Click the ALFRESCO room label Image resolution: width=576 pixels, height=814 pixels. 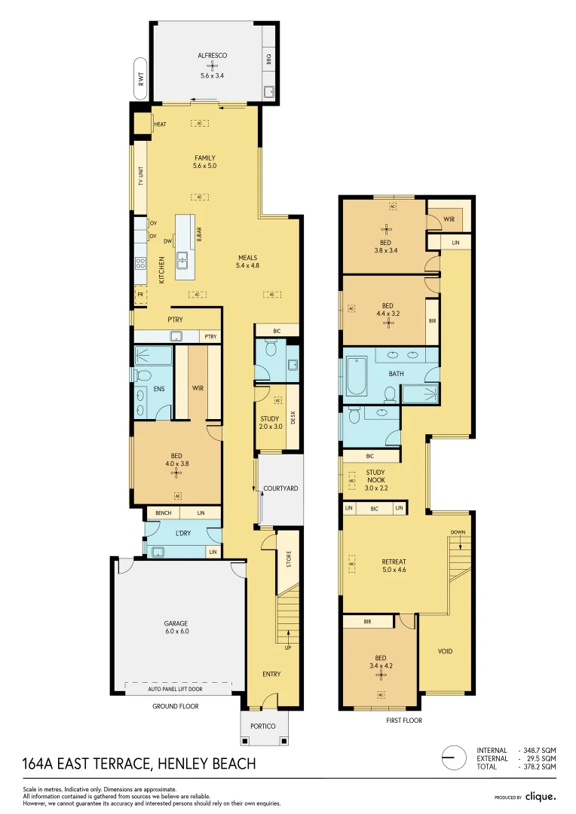(212, 56)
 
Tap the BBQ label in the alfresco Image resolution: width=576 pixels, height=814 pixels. (268, 58)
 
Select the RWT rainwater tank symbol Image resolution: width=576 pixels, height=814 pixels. (140, 78)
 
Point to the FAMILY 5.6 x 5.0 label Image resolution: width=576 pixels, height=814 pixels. (204, 161)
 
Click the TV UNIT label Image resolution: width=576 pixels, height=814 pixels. (140, 178)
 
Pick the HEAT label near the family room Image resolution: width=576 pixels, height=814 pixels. (160, 124)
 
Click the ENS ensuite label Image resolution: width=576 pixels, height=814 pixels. (159, 389)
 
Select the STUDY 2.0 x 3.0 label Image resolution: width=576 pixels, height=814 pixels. (269, 423)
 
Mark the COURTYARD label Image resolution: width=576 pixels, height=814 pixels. (280, 489)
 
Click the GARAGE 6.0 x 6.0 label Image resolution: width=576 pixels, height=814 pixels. (176, 627)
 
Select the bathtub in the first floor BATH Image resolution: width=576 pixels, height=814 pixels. (356, 376)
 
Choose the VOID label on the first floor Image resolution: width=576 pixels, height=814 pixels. (445, 651)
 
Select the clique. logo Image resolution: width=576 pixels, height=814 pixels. (541, 796)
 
